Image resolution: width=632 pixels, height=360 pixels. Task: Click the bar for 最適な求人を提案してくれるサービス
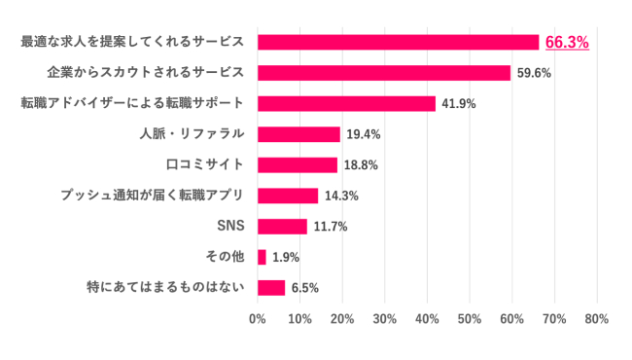point(398,42)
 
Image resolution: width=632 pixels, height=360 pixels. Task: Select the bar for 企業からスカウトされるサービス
point(384,73)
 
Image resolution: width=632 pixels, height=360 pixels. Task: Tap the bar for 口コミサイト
point(298,164)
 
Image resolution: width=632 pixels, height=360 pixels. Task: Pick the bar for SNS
point(282,227)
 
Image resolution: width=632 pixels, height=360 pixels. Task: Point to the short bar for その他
point(262,257)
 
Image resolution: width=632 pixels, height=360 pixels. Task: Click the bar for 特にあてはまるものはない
point(271,288)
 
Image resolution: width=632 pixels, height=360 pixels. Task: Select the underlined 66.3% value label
point(567,42)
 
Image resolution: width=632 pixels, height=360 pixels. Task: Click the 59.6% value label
point(534,73)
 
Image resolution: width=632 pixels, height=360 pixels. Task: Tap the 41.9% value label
point(458,104)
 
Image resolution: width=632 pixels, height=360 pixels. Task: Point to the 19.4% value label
point(363,134)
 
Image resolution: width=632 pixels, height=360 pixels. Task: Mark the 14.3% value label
point(341,196)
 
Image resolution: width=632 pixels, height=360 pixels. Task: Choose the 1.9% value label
point(286,257)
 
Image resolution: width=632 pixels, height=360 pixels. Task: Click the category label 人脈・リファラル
point(192,134)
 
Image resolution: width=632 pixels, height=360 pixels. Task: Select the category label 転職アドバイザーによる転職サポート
point(132,103)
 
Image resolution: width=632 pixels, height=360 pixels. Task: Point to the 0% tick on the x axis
point(258,318)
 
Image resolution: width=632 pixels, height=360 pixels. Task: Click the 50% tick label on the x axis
point(470,318)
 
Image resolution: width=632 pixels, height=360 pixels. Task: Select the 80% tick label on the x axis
point(596,318)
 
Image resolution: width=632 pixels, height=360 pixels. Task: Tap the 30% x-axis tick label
point(385,318)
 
